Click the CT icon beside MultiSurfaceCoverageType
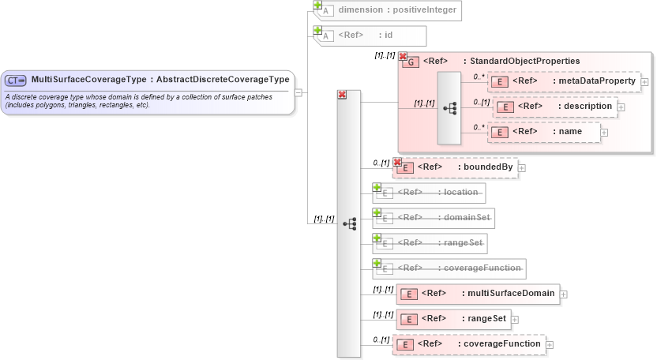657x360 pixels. (x=17, y=80)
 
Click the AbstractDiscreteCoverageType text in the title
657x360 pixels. (x=223, y=80)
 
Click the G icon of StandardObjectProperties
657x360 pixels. (x=411, y=62)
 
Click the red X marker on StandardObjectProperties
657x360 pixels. (x=403, y=57)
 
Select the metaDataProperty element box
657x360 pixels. (x=564, y=81)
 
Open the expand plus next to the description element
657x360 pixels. (x=621, y=107)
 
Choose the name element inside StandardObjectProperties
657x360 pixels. (x=544, y=132)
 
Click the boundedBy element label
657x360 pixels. (x=465, y=167)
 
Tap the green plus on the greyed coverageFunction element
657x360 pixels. (x=377, y=263)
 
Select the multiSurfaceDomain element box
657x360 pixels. (x=478, y=294)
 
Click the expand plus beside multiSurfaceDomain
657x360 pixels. (x=564, y=294)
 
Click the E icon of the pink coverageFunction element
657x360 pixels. (x=405, y=345)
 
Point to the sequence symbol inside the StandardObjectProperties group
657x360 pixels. (x=449, y=107)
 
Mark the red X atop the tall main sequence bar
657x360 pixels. (x=342, y=95)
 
